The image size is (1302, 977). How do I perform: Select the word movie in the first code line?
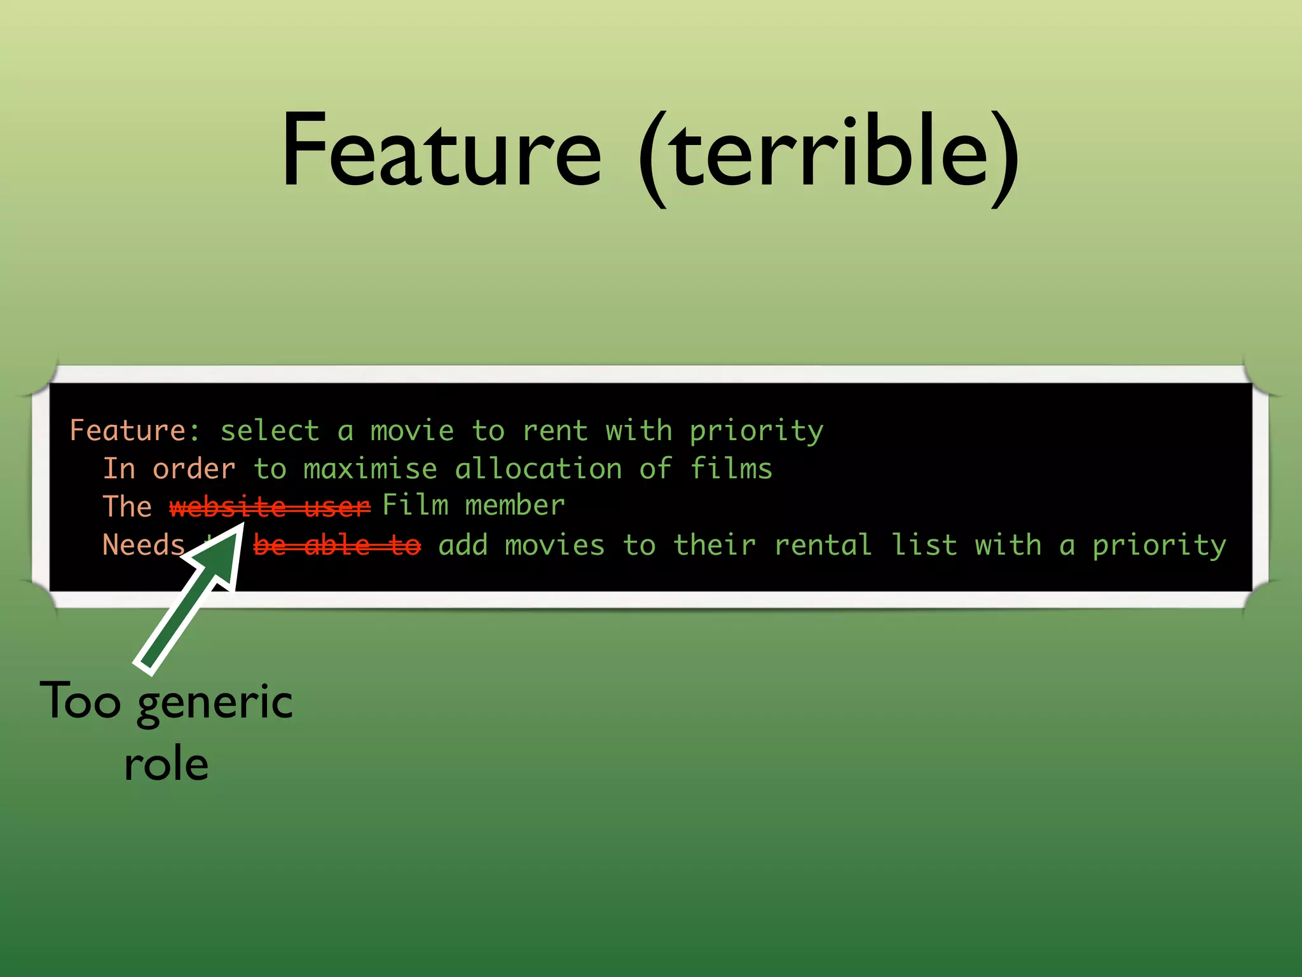coord(412,431)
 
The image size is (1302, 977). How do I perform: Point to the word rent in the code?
coord(555,431)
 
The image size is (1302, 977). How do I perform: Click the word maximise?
coord(370,469)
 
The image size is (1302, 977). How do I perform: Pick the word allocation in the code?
coord(538,469)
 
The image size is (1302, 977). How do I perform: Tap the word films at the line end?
coord(731,469)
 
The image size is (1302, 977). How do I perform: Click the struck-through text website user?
coord(270,507)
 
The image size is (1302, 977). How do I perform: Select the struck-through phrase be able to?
coord(337,545)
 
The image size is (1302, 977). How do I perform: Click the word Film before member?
coord(415,506)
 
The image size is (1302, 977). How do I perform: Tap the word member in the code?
coord(515,506)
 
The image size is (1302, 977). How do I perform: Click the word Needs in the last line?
coord(144,545)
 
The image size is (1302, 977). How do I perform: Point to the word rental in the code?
coord(823,545)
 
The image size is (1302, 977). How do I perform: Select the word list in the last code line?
coord(924,545)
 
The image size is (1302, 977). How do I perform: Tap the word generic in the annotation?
coord(215,703)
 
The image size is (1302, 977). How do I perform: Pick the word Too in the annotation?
coord(80,701)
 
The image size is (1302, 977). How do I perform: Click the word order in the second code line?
coord(194,469)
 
